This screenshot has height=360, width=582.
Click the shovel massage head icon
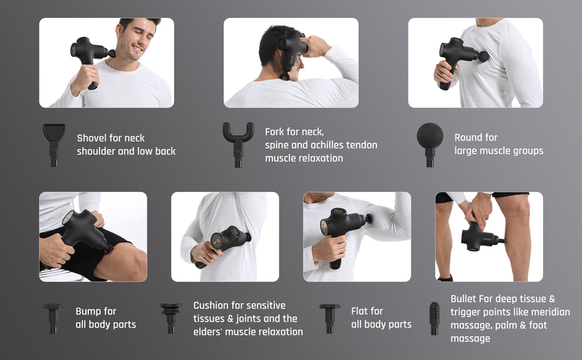54,142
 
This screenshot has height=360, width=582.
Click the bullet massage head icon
434,318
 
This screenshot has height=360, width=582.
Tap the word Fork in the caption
277,131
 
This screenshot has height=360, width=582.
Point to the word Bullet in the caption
464,299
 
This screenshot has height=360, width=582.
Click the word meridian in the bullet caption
548,312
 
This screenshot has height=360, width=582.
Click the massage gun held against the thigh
84,231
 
